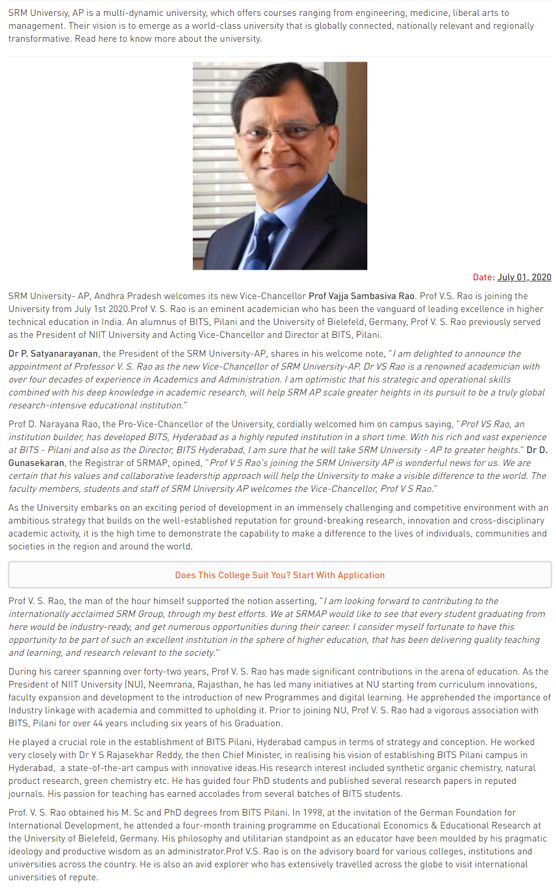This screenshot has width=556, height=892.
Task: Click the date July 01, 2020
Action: point(524,277)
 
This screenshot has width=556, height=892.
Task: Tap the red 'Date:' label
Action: point(484,277)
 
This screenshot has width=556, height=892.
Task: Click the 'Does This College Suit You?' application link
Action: point(280,575)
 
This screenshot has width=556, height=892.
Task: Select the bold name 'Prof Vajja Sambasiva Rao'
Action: point(361,296)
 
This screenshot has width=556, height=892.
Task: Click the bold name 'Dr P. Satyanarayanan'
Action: point(53,354)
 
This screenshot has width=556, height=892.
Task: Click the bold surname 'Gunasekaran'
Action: point(36,463)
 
